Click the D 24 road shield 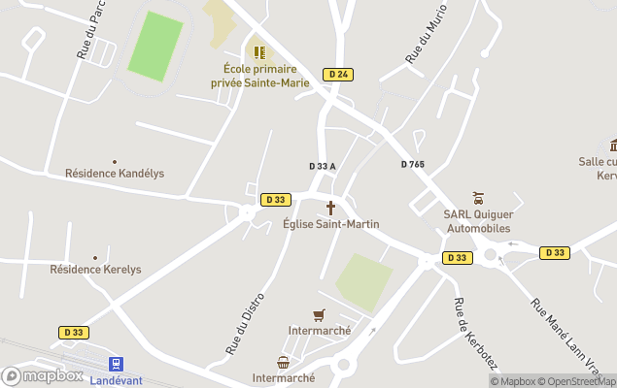[x=338, y=74]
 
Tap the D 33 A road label [x=323, y=166]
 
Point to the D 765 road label [x=413, y=165]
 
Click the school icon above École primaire [x=259, y=51]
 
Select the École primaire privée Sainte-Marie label [x=260, y=76]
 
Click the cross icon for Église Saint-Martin [x=330, y=208]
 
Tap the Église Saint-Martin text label [x=331, y=224]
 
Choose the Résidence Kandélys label [x=115, y=173]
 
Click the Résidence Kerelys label [x=95, y=269]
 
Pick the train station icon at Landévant [x=116, y=364]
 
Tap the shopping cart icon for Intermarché [x=319, y=314]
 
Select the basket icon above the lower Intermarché [x=283, y=362]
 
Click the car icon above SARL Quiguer [x=477, y=199]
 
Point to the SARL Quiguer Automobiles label [x=477, y=221]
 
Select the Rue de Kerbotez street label [x=475, y=333]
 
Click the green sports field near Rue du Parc [x=156, y=46]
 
